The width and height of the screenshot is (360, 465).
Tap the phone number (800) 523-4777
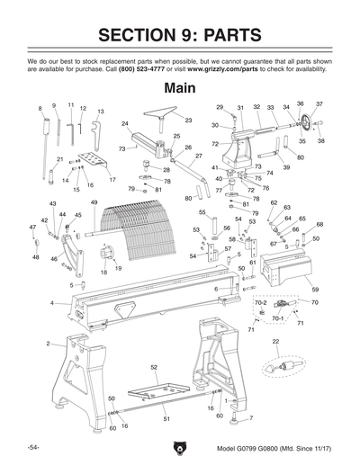148,67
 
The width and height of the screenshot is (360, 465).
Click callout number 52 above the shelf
154,368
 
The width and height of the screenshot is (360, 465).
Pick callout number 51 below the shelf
166,419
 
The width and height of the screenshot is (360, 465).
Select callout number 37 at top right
319,104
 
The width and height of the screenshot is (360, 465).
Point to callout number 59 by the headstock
315,289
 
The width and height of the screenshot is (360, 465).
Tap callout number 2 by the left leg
48,344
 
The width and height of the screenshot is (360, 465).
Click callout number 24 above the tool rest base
125,123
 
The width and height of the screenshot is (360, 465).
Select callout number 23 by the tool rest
188,120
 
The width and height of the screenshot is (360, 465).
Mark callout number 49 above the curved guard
94,203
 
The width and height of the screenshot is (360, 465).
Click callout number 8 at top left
40,108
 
